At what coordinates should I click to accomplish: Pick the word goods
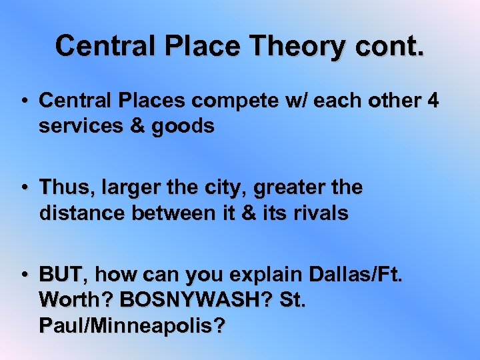coord(184,126)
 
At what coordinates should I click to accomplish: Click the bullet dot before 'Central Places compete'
coord(23,101)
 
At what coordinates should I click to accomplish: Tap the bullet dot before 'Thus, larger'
coord(23,189)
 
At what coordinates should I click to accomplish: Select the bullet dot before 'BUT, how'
coord(23,275)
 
